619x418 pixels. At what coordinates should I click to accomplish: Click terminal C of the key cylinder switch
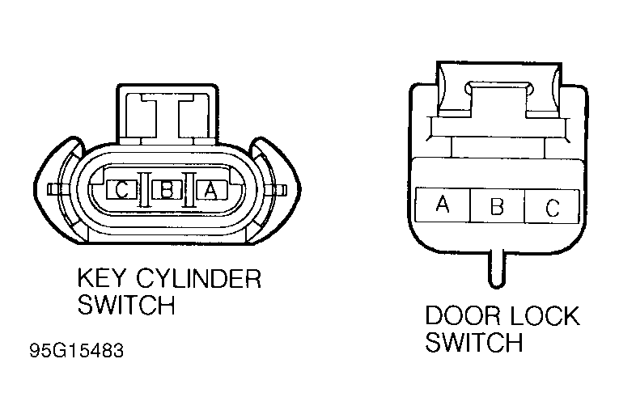121,190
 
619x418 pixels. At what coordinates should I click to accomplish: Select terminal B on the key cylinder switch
167,190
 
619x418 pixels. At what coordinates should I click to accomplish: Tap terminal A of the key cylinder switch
212,190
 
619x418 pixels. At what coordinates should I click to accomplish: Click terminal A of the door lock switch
443,205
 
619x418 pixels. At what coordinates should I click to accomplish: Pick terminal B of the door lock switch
497,205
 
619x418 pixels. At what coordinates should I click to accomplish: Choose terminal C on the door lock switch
552,206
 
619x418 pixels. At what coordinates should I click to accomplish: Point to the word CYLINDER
198,278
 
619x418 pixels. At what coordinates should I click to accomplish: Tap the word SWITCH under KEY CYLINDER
126,305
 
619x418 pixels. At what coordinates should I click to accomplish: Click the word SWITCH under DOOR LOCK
473,342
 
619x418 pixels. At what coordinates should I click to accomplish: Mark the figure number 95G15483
77,350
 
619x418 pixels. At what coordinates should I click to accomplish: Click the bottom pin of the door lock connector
497,268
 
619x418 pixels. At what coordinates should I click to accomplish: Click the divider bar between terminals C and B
145,190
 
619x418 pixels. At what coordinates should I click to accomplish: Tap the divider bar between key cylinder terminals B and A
189,190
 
